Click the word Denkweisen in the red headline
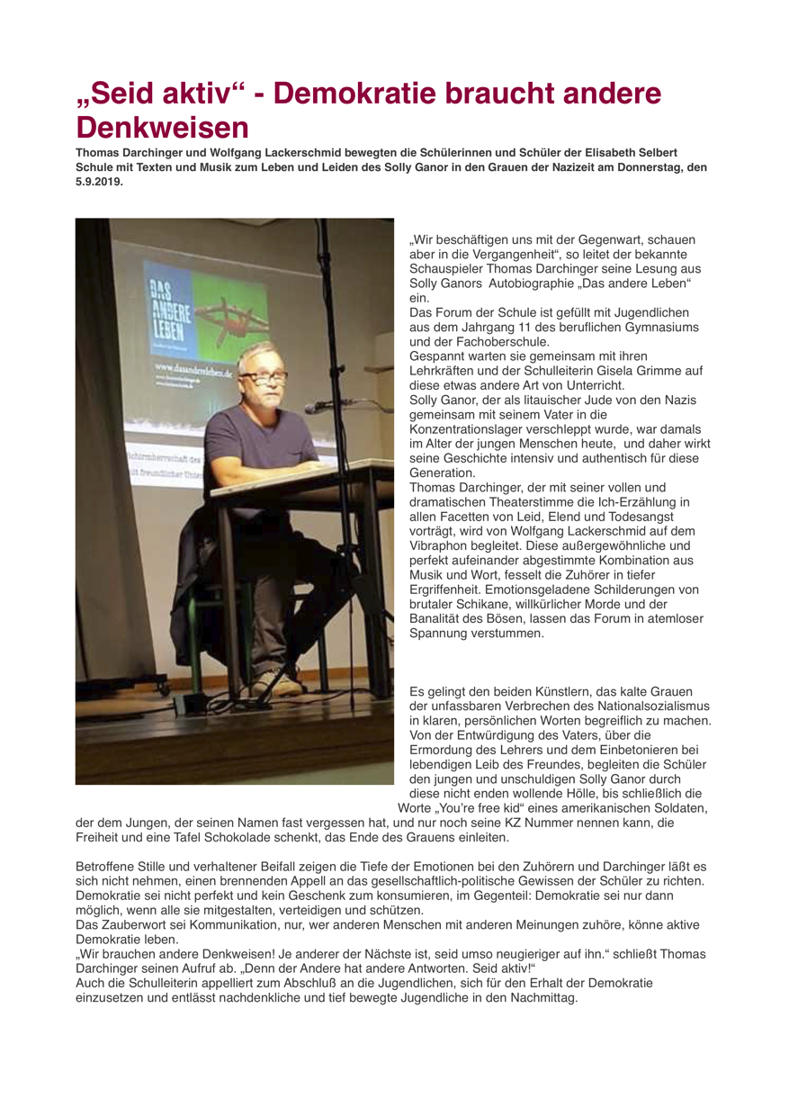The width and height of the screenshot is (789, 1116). (161, 125)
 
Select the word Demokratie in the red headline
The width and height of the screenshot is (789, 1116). (374, 94)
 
